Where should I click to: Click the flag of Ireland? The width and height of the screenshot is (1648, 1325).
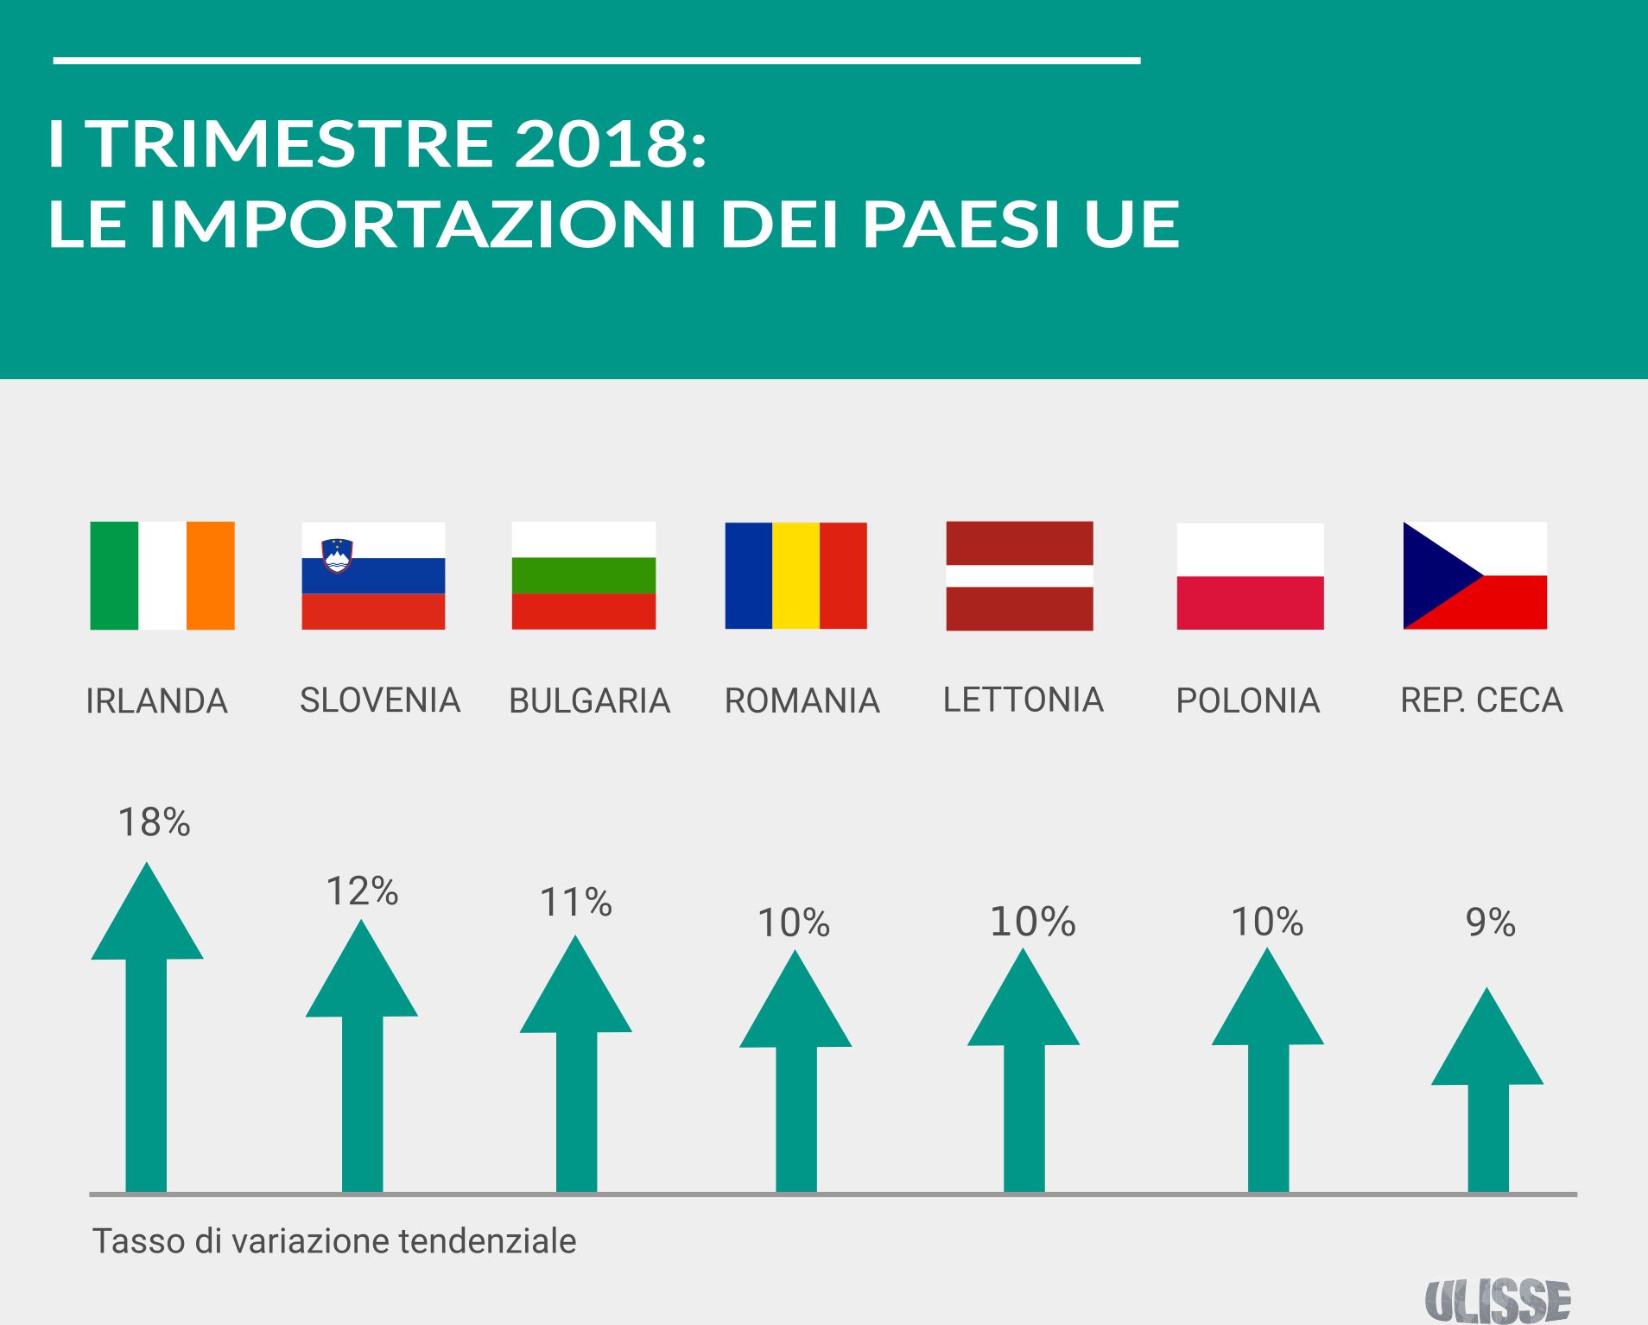(x=162, y=575)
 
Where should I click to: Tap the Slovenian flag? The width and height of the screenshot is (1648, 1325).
(x=373, y=575)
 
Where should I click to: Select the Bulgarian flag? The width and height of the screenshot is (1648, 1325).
(x=584, y=575)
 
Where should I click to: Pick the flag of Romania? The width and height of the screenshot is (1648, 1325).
(x=795, y=575)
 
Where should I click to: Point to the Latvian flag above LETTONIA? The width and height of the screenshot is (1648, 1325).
(x=1019, y=575)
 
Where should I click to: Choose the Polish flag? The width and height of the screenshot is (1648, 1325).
(x=1250, y=576)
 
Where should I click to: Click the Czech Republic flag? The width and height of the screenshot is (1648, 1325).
(x=1475, y=575)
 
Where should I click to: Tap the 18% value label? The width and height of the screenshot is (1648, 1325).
(x=154, y=822)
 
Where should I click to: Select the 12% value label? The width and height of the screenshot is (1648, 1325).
(x=362, y=891)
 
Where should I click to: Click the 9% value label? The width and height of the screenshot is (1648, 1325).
(x=1490, y=922)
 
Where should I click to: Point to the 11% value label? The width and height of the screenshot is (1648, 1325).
(x=576, y=903)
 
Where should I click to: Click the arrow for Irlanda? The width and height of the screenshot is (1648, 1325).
(x=147, y=1037)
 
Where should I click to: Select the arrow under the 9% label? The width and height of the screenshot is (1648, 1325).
(x=1487, y=1097)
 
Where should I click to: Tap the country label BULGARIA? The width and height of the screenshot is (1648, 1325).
(x=590, y=701)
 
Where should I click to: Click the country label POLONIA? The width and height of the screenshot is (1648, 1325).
(x=1248, y=701)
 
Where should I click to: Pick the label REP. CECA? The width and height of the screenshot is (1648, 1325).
(x=1481, y=700)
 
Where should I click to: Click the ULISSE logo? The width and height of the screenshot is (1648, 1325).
(x=1497, y=1301)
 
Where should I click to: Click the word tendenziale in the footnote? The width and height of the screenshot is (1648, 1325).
(x=487, y=1241)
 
